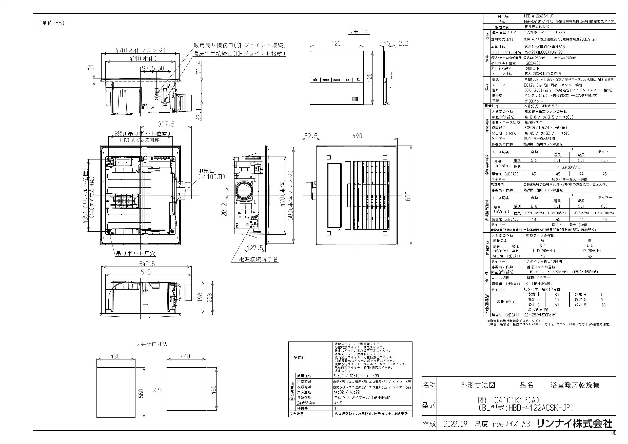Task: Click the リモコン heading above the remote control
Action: (359, 32)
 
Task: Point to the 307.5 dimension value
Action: (166, 124)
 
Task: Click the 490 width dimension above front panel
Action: (357, 136)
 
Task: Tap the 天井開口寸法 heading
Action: (151, 344)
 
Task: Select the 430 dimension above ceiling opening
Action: (115, 356)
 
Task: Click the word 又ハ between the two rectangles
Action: (157, 390)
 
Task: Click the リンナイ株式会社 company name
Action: (574, 424)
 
